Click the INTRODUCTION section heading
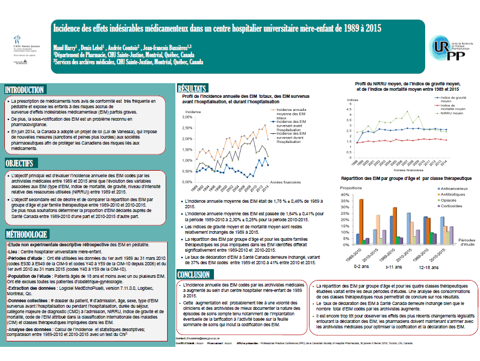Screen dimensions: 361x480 tap(25, 90)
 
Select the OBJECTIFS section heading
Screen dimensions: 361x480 tap(20, 163)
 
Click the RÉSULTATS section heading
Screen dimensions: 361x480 tap(192, 88)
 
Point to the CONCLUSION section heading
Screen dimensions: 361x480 tap(194, 275)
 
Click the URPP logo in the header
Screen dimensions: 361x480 tap(446, 48)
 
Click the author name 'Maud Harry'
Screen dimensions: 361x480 tap(65, 47)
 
